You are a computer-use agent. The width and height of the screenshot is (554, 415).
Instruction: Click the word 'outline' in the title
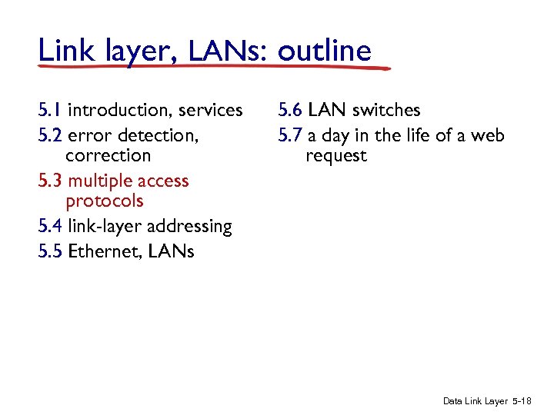324,51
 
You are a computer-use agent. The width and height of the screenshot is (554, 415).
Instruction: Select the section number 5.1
50,111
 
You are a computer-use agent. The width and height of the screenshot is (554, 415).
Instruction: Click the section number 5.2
51,136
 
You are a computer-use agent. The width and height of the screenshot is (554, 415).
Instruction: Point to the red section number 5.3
51,181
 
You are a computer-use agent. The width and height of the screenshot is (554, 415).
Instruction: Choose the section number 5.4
51,227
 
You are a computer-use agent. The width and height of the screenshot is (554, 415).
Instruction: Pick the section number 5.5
51,251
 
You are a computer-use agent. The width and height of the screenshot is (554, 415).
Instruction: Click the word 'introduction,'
120,111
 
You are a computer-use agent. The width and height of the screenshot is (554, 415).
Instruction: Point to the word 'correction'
108,156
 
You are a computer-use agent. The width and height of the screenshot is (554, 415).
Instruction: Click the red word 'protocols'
105,201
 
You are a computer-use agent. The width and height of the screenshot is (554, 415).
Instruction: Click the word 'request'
336,156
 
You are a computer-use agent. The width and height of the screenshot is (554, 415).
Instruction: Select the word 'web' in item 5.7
488,136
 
